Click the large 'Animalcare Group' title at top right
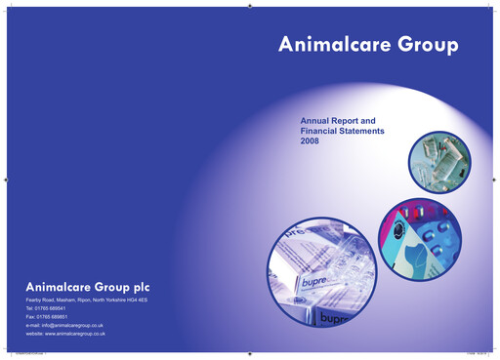368,45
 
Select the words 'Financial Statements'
343,131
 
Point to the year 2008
311,141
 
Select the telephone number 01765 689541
53,308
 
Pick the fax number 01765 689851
55,317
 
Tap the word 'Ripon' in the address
83,300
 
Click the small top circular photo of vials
439,161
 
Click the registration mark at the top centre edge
250,5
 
